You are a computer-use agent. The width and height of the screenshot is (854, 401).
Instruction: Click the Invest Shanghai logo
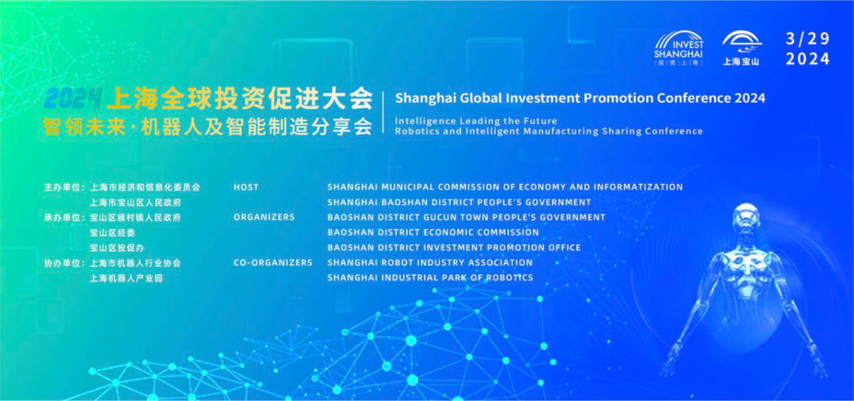click(x=678, y=48)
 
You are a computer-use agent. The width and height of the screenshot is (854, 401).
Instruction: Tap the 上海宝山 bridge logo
click(x=741, y=48)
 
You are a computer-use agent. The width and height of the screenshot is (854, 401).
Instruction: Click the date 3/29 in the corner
click(x=807, y=40)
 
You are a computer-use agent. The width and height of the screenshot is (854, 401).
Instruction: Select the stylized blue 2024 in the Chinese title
click(x=74, y=98)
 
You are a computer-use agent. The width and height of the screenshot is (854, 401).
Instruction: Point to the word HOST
click(x=246, y=187)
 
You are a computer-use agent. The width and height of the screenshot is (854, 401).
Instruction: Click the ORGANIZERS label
click(x=264, y=217)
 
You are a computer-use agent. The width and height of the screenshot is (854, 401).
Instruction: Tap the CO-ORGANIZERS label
click(x=273, y=263)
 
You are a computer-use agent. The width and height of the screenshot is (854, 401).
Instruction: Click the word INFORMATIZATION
click(x=638, y=187)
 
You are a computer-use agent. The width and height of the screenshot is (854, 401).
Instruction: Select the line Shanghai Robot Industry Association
click(x=429, y=263)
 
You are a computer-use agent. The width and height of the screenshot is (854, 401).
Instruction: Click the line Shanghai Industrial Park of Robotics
click(x=429, y=278)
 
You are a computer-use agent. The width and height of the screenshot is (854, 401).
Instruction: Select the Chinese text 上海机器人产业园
click(x=127, y=278)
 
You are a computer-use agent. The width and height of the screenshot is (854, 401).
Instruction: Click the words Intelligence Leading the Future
click(x=476, y=121)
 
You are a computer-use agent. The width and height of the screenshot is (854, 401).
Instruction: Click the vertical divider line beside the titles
click(x=384, y=112)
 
